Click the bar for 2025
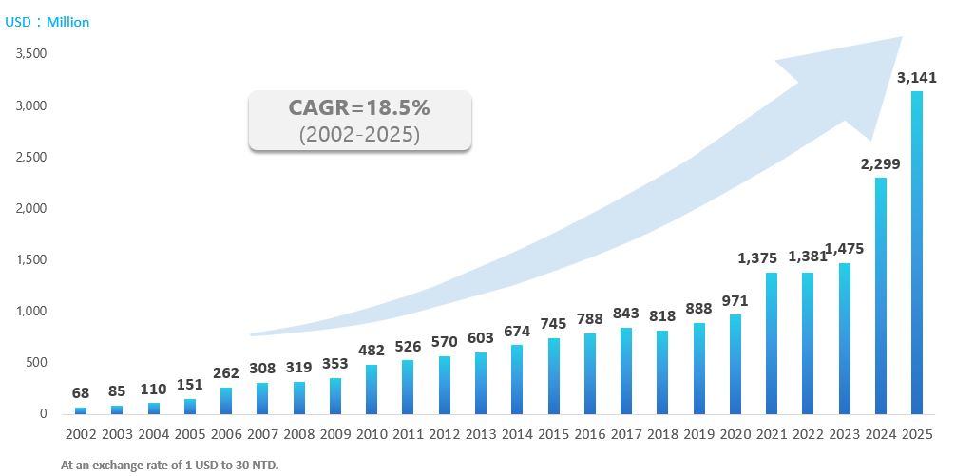[917, 253]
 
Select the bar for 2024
[881, 295]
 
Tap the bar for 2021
[772, 343]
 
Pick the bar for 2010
[372, 390]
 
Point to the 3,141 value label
[916, 77]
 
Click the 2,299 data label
[880, 163]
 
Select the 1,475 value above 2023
[844, 249]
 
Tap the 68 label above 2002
[81, 392]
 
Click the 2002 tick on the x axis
[81, 434]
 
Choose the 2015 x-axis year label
[553, 434]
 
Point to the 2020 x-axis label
[735, 434]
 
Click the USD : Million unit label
[48, 22]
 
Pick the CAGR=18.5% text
[359, 108]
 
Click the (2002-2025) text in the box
[359, 134]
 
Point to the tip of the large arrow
[900, 39]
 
